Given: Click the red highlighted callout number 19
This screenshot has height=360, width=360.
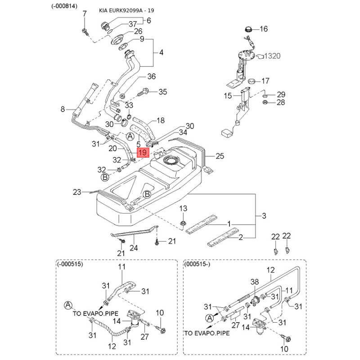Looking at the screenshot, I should point(143,153).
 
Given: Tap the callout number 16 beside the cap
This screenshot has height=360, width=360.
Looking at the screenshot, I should point(263,29).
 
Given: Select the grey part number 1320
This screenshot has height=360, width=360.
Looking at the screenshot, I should point(272,56).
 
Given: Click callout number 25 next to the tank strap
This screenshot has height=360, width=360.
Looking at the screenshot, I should point(220,157).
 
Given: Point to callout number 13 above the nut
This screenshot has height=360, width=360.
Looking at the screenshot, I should point(183,208).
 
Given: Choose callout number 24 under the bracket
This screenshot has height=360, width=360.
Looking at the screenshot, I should point(133,248).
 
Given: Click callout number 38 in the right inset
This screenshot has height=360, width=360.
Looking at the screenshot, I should point(255,282).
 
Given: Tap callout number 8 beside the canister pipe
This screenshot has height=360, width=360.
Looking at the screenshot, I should point(63,109).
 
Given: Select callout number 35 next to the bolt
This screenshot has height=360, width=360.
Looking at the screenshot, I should point(162,92).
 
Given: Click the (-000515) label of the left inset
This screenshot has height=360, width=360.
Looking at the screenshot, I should point(71,265).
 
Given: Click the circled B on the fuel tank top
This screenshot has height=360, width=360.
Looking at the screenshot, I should point(146,194).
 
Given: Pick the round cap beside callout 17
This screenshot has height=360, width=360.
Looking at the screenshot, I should point(252,81).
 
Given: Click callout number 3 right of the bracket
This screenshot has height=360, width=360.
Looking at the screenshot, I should point(264,216).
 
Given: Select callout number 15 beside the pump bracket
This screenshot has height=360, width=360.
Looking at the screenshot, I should point(228,95).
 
